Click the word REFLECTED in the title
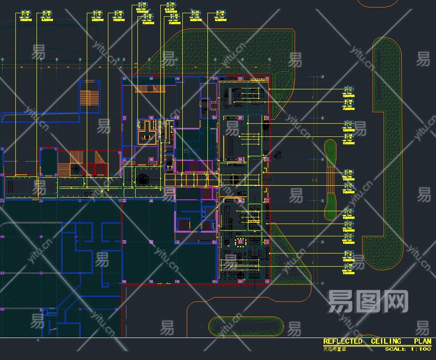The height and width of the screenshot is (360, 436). click(x=343, y=342)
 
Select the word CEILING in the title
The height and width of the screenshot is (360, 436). click(x=386, y=342)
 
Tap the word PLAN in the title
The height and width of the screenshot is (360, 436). click(x=422, y=342)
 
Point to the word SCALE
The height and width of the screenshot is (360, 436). click(x=395, y=349)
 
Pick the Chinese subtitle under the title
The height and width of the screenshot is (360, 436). click(x=335, y=349)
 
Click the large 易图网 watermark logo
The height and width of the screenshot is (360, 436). click(x=367, y=301)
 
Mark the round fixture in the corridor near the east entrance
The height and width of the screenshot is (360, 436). click(x=233, y=179)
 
